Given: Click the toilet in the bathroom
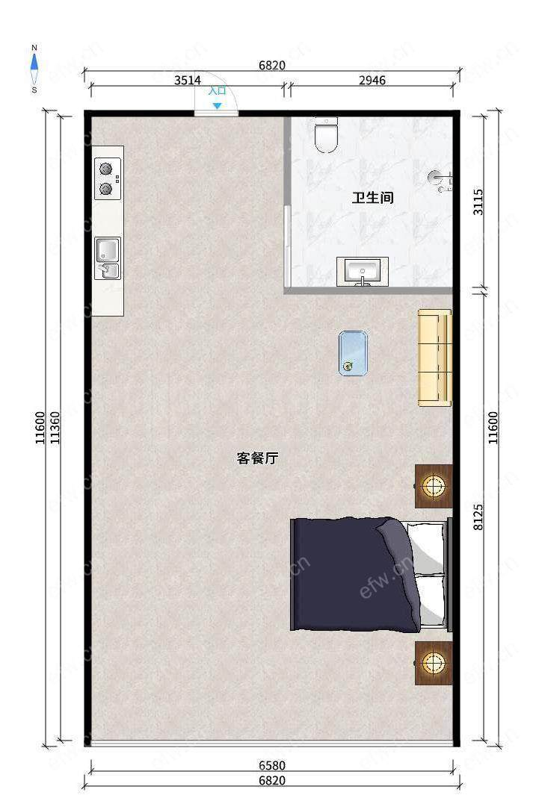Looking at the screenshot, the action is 327,135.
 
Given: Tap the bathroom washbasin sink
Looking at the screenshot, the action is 363,271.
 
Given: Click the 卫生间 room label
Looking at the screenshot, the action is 373,198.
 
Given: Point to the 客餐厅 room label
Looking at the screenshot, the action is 257,458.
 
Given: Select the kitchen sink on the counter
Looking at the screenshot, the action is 108,258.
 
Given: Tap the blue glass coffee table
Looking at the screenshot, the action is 354,354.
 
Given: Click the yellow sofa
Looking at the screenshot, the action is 435,358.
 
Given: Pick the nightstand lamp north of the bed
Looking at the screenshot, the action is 434,486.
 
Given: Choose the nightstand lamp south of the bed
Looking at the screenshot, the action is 434,663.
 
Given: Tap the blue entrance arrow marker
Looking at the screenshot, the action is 218,106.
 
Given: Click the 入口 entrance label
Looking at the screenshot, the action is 218,90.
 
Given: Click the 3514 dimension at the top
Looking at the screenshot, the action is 188,81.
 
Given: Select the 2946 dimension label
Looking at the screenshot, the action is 372,81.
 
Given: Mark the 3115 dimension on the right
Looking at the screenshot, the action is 478,202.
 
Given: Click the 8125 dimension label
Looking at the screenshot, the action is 478,517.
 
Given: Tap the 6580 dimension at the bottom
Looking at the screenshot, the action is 272,765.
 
